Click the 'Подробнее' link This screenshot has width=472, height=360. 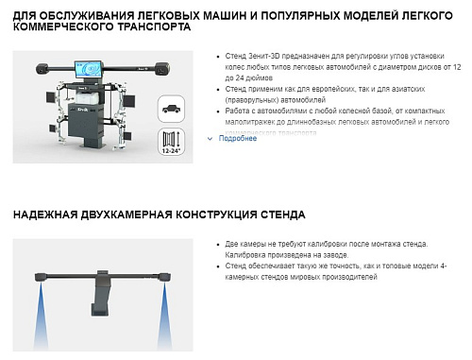tap(237, 138)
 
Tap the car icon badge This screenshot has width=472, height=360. tap(171, 109)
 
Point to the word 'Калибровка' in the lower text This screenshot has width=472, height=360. tap(247, 255)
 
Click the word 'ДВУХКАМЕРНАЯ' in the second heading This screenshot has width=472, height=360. tap(129, 215)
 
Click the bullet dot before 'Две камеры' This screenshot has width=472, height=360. tap(219, 244)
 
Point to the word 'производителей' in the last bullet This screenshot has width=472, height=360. tap(346, 278)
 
